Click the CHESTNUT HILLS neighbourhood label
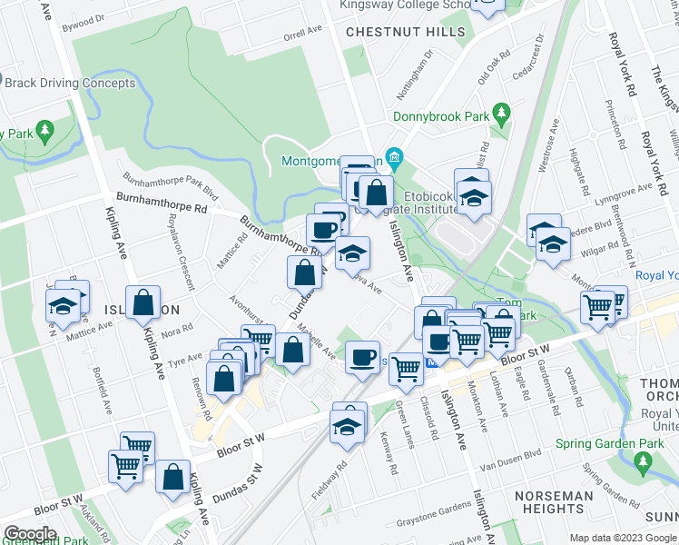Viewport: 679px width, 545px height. [405, 32]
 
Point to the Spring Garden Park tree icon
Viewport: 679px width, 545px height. [644, 463]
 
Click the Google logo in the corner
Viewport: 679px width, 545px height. [29, 534]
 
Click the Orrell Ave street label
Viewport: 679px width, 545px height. [303, 33]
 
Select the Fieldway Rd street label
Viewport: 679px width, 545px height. [335, 481]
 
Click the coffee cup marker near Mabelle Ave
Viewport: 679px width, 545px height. [363, 355]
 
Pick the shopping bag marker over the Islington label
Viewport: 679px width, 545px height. [143, 302]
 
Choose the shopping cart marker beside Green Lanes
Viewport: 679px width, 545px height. [406, 368]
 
